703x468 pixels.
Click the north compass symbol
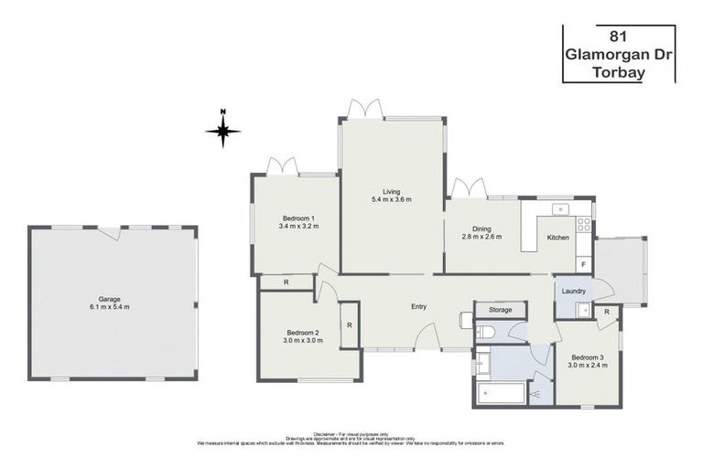pos(222,130)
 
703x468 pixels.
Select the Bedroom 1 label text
pos(298,218)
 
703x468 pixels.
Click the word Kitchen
pos(557,238)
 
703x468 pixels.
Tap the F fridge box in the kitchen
pos(584,264)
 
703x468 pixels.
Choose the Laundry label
pos(574,291)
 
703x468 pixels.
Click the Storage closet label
pos(500,310)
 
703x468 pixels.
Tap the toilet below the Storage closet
pos(485,331)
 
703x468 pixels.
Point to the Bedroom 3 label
pos(587,357)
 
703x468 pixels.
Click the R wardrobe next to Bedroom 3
pos(606,313)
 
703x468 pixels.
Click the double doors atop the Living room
pos(364,110)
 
